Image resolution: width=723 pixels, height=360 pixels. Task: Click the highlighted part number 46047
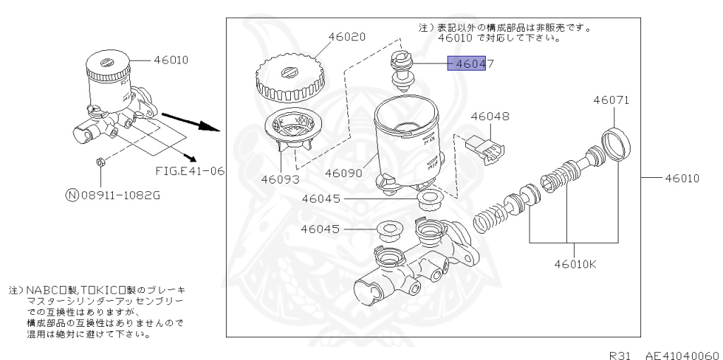(x=470, y=64)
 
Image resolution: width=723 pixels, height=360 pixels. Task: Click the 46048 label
(x=490, y=116)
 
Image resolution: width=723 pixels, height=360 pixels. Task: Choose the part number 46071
(x=611, y=100)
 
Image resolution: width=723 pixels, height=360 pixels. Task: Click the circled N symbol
(x=71, y=195)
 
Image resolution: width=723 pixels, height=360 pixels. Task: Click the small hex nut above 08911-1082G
(x=100, y=161)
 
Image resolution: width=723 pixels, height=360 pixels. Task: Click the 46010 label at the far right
(x=681, y=178)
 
